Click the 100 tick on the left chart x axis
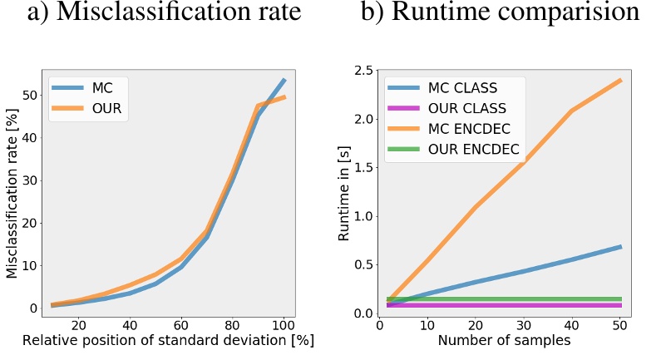pos(284,325)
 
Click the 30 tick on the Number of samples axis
pos(525,325)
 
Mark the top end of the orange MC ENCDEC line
pos(620,81)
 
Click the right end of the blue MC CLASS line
pos(620,246)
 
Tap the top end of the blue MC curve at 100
pos(284,80)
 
